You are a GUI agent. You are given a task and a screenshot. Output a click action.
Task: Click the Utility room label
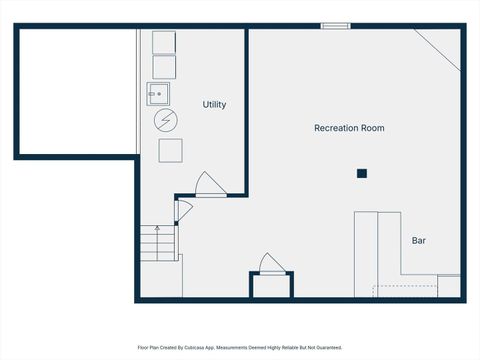(x=214, y=104)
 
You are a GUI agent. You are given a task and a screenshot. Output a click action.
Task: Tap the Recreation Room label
(x=349, y=128)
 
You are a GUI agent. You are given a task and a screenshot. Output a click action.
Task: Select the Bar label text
(x=419, y=241)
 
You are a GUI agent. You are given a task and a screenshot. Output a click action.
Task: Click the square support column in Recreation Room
(x=362, y=174)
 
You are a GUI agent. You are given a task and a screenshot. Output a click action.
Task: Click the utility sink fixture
(x=158, y=94)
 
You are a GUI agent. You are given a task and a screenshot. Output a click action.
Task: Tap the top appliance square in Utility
(x=164, y=42)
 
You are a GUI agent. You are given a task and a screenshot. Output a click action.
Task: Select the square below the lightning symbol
(x=170, y=151)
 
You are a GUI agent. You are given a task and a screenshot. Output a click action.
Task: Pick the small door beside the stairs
(x=182, y=211)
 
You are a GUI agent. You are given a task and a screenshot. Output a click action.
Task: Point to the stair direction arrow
(x=156, y=232)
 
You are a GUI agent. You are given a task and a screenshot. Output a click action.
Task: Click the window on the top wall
(x=335, y=25)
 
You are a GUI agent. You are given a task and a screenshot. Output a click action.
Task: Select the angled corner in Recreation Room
(x=441, y=45)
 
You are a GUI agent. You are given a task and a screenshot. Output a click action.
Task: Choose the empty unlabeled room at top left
(x=76, y=91)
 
